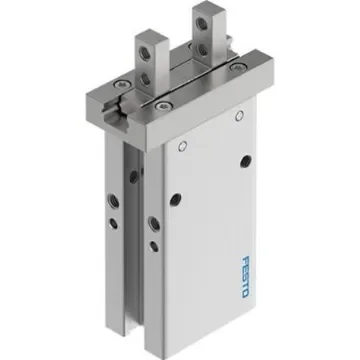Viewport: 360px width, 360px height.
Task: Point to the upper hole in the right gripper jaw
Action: pyautogui.click(x=214, y=21)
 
